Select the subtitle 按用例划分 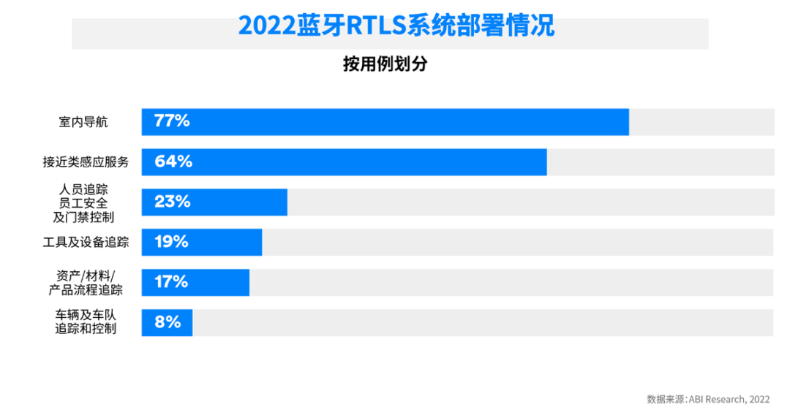click(385, 64)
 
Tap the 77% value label click(172, 122)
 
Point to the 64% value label click(173, 162)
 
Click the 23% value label click(173, 202)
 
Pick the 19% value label click(172, 242)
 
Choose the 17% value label click(171, 282)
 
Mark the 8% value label click(168, 322)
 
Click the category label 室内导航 click(83, 122)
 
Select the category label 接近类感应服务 click(86, 162)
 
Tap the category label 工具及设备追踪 click(86, 242)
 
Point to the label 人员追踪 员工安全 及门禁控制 click(86, 202)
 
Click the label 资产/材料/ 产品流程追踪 click(86, 282)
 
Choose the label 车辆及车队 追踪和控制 click(86, 322)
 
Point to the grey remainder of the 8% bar click(483, 322)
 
